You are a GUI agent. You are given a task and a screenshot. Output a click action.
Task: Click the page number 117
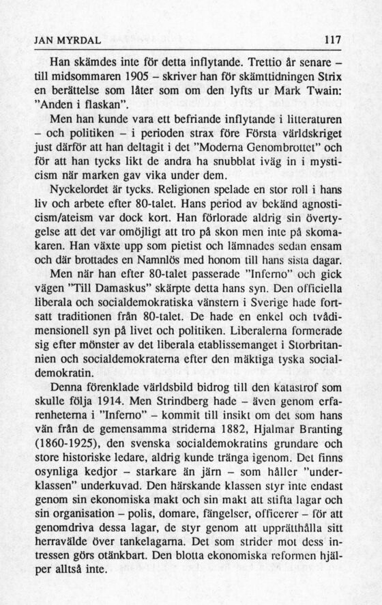pos(332,40)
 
